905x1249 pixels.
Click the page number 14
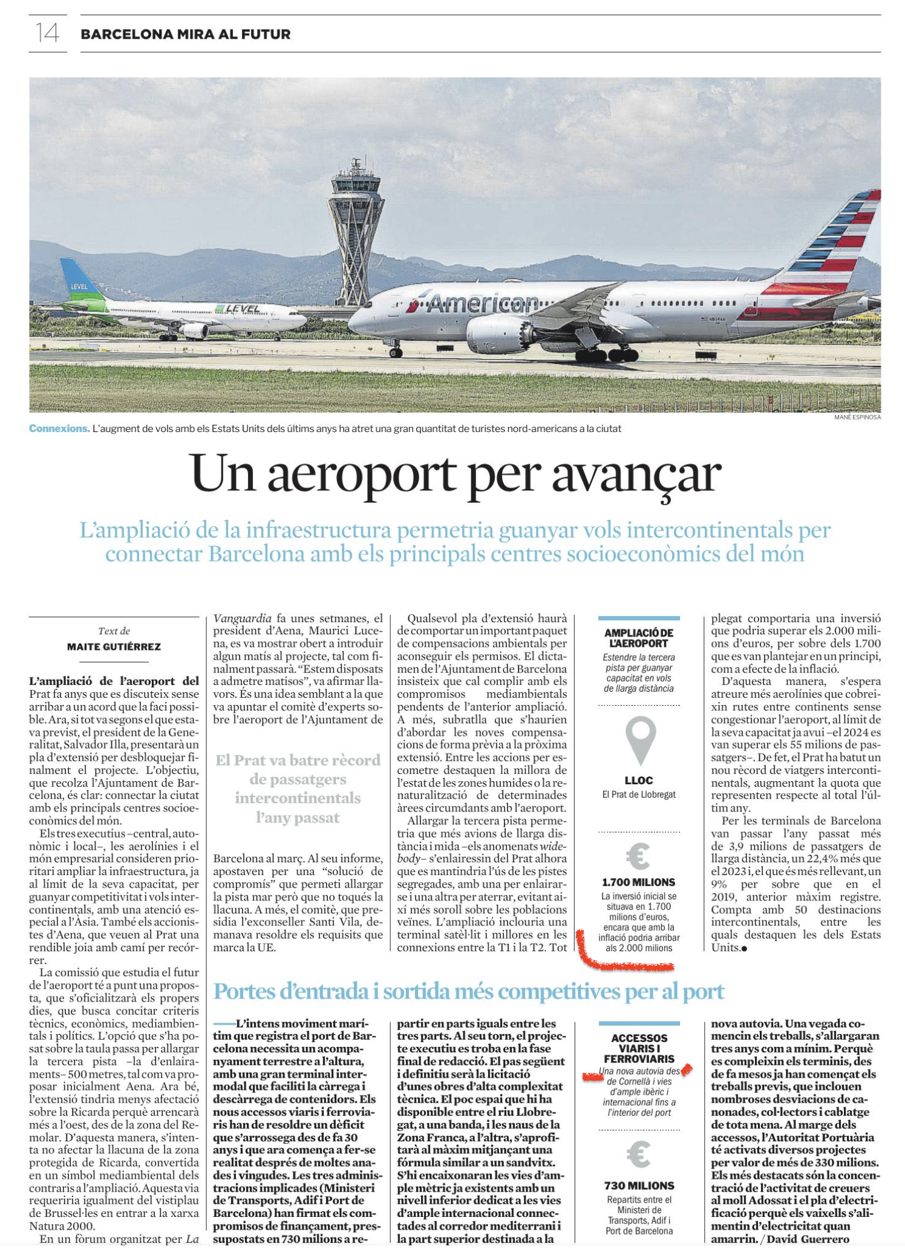coord(47,33)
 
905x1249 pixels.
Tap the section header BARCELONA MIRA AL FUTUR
coord(185,34)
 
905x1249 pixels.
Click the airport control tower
coord(356,230)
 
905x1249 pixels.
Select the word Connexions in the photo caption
coord(59,428)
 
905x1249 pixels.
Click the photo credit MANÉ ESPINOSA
coord(857,417)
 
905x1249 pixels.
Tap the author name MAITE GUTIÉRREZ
coord(114,646)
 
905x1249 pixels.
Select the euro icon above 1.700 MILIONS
coord(638,856)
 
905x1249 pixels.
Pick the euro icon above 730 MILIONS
coord(638,1155)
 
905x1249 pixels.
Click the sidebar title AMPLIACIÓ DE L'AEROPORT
coord(639,638)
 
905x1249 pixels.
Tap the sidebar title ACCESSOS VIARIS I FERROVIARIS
coord(639,1048)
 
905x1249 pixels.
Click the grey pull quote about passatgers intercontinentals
coord(298,788)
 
